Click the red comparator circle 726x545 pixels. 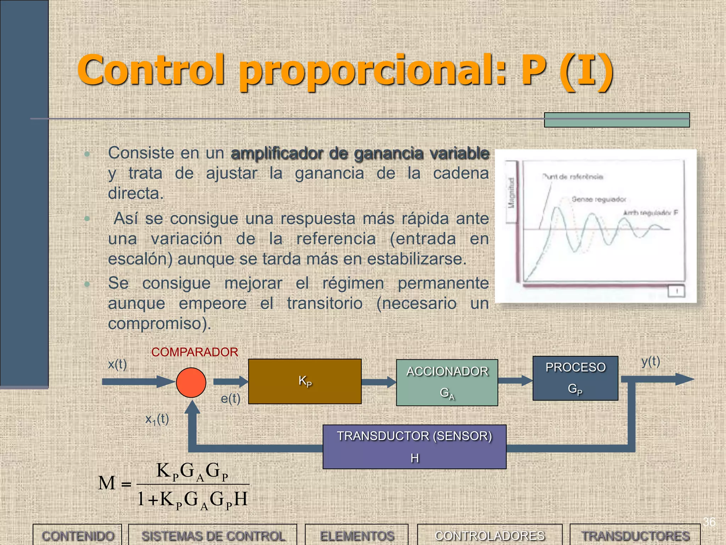click(x=191, y=382)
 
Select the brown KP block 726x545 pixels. click(x=305, y=381)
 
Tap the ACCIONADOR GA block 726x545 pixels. click(x=447, y=382)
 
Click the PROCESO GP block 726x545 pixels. click(x=575, y=378)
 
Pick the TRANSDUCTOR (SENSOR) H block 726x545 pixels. click(x=414, y=447)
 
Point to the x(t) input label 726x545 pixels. click(x=117, y=364)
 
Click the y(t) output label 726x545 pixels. click(x=651, y=361)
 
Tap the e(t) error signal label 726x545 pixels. click(x=230, y=398)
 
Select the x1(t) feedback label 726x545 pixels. click(x=157, y=419)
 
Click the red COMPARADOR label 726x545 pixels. click(x=195, y=352)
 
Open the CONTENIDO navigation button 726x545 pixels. click(x=78, y=535)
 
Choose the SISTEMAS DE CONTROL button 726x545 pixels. click(x=213, y=535)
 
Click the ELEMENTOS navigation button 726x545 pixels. click(x=357, y=535)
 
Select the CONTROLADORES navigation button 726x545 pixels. click(x=490, y=535)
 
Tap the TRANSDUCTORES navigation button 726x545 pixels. click(x=635, y=535)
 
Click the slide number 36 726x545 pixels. click(x=709, y=522)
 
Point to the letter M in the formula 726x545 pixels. click(x=107, y=483)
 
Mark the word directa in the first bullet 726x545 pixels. click(x=136, y=193)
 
